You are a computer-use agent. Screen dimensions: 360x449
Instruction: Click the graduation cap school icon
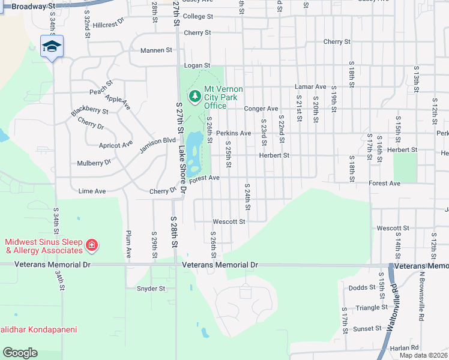click(52, 46)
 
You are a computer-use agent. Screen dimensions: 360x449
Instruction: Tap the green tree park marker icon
click(194, 97)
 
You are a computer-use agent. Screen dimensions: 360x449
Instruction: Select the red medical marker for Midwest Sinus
click(91, 245)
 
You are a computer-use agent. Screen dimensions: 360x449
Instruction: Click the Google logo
click(20, 353)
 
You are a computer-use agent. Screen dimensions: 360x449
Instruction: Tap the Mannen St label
click(156, 50)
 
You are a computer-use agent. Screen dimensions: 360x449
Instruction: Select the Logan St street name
click(197, 65)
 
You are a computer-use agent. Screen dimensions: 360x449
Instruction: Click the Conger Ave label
click(261, 109)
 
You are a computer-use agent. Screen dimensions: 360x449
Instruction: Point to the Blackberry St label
click(89, 111)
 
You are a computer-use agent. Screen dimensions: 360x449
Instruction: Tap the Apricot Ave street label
click(116, 145)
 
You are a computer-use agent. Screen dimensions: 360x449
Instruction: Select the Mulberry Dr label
click(94, 163)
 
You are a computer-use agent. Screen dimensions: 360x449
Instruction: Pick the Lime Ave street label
click(92, 191)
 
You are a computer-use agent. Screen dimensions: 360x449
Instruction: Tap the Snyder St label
click(151, 288)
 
